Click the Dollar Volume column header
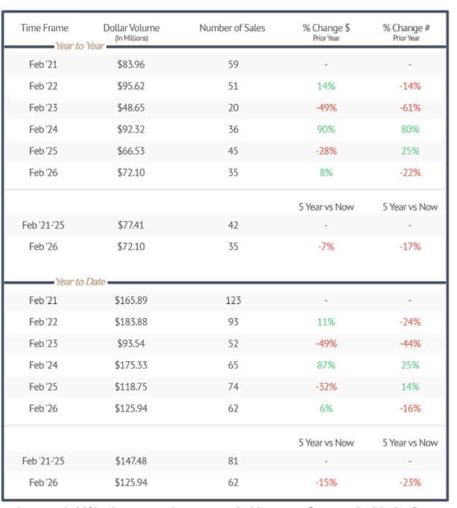pos(131,28)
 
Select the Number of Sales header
pos(232,28)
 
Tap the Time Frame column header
pos(44,28)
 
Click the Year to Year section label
pos(80,46)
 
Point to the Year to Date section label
pos(80,282)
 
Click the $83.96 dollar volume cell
pos(131,64)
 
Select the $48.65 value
pos(131,107)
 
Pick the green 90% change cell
pos(326,129)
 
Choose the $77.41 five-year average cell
pos(131,225)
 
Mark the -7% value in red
pos(326,246)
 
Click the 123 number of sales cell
pos(232,300)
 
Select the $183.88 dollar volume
pos(131,322)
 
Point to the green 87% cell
pos(326,365)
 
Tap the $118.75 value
pos(131,386)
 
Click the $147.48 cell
pos(131,461)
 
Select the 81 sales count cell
pos(232,461)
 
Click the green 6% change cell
pos(326,408)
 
